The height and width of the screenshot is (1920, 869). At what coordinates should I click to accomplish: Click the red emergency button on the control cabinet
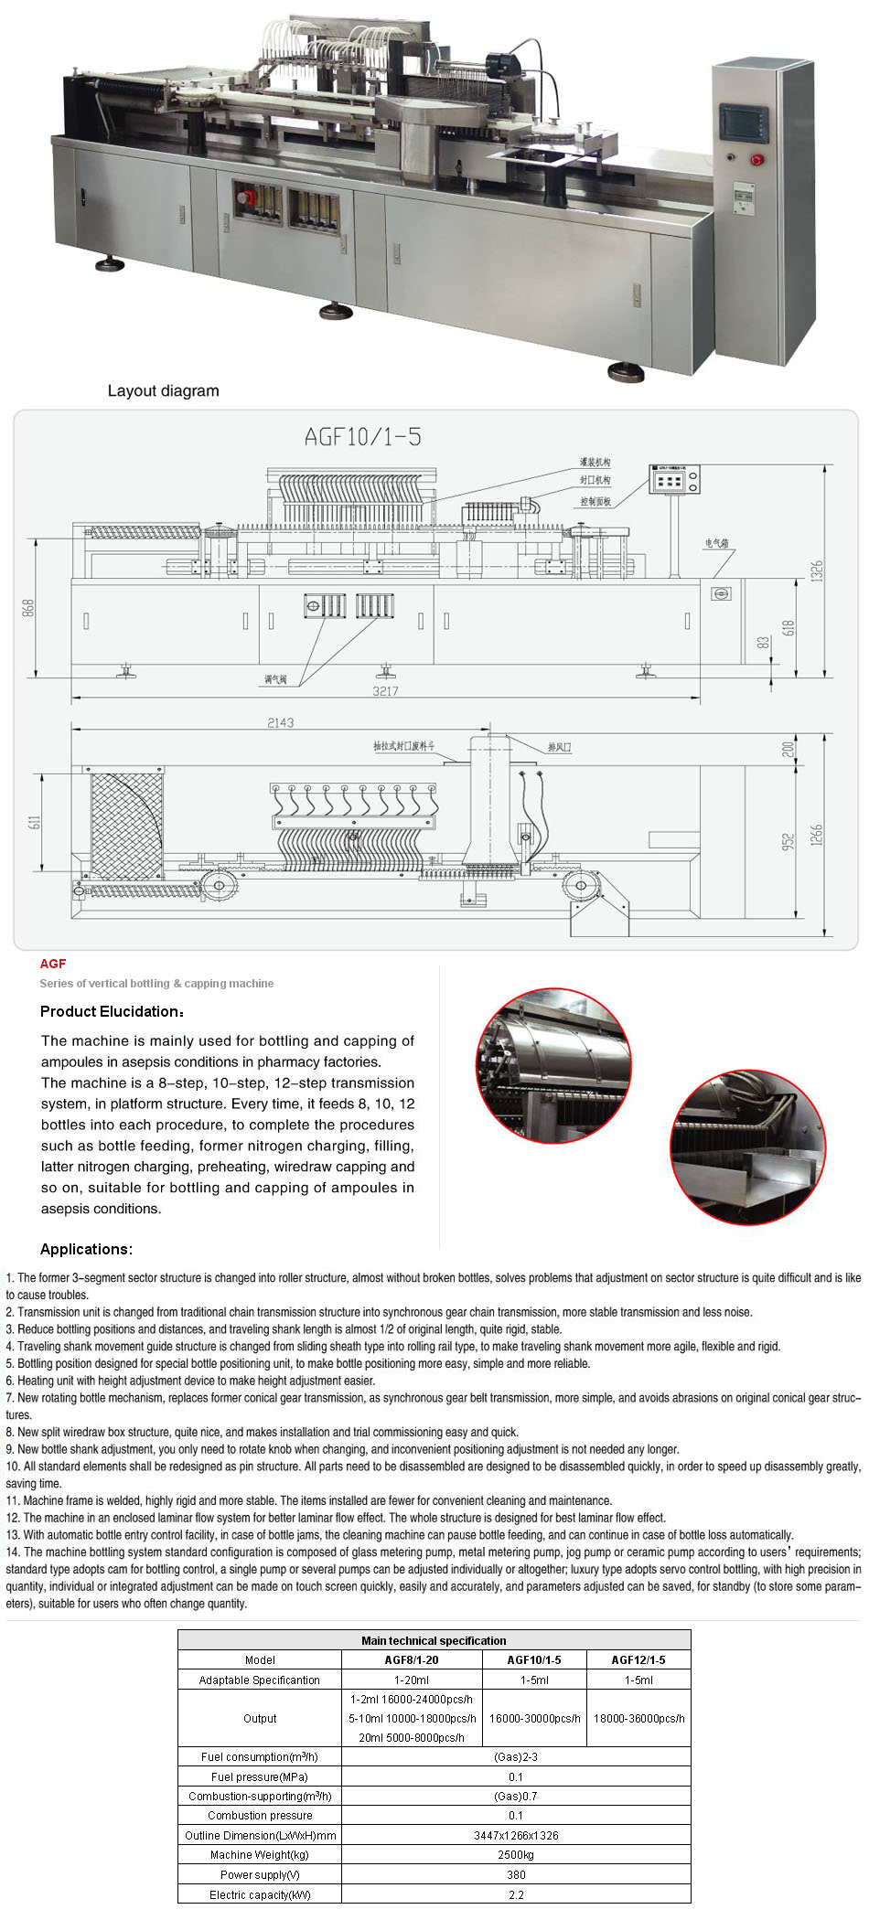coord(756,160)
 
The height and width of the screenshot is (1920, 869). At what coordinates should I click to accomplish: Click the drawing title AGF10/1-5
coord(363,437)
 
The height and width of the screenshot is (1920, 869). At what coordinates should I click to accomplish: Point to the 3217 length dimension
coord(385,691)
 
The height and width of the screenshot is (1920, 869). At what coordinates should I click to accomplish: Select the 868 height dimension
coord(28,608)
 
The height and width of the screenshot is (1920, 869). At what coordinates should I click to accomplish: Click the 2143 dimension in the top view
coord(281,722)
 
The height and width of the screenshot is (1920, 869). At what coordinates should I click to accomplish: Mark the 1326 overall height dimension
coord(817,571)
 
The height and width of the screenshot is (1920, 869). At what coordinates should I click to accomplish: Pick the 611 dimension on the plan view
coord(35,822)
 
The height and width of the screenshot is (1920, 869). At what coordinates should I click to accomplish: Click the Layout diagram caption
coord(164,390)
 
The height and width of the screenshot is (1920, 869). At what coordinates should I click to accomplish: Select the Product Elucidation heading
coord(112,1011)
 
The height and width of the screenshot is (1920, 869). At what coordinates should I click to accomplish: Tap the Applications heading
coord(86,1249)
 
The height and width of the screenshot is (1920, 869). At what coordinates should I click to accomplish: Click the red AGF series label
coord(53,963)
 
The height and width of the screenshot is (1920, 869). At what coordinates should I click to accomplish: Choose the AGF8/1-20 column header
coord(411,1659)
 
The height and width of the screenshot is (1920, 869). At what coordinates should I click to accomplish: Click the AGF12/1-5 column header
coord(638,1659)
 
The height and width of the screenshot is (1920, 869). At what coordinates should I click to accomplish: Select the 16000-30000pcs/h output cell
coord(534,1718)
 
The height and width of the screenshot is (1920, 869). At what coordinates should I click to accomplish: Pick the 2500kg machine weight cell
coord(516,1854)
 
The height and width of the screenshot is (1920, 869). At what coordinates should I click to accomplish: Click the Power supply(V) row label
coord(260,1874)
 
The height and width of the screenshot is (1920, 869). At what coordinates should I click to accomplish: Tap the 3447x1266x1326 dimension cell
coord(516,1835)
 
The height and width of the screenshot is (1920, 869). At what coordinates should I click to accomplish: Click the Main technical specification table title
coord(434,1640)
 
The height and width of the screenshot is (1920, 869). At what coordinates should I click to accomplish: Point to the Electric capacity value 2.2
coord(516,1894)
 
